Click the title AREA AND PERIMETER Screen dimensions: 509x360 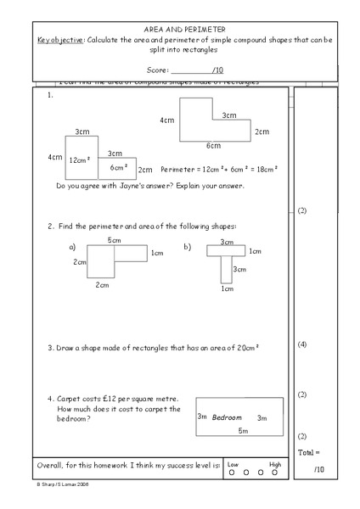click(x=180, y=29)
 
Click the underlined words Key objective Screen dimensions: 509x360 click(x=61, y=40)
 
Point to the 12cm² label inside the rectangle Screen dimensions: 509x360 click(x=81, y=159)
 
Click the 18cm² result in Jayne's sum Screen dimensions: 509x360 click(x=266, y=169)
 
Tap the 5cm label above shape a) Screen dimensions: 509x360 click(x=114, y=240)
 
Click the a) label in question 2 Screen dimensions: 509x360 click(x=72, y=247)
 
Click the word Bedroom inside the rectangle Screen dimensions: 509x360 click(x=227, y=417)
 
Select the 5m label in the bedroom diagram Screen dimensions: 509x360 click(x=243, y=431)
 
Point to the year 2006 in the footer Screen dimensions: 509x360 click(x=82, y=485)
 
